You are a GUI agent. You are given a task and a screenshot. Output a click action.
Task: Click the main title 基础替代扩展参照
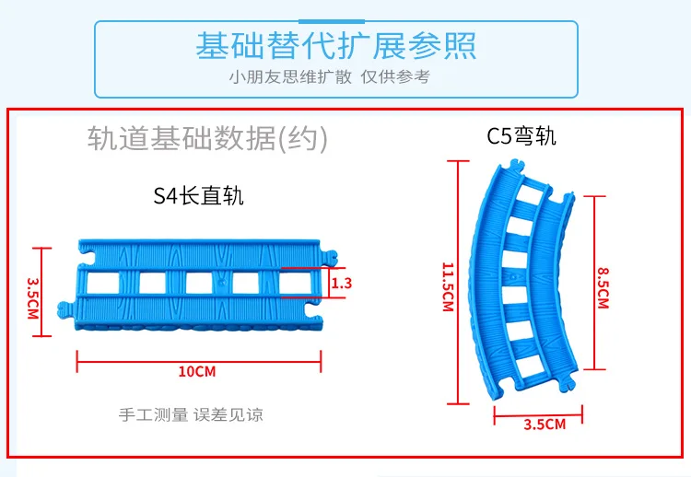tap(335, 45)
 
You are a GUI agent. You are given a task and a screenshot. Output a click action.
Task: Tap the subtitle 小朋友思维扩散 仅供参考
tap(329, 76)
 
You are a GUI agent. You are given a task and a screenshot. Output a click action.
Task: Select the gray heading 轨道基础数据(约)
tap(207, 138)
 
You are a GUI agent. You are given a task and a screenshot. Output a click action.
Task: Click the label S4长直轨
tap(198, 195)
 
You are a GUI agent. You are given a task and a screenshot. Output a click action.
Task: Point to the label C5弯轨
tap(521, 135)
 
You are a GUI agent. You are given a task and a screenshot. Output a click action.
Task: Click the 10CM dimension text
tap(197, 371)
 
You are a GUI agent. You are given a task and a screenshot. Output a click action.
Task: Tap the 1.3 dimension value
tap(342, 283)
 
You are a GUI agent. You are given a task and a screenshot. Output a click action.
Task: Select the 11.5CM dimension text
tap(448, 287)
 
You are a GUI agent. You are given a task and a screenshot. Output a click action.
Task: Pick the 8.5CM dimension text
tap(603, 288)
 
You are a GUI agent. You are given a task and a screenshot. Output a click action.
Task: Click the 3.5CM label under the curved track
tap(545, 425)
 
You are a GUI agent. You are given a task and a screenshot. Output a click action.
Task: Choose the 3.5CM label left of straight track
tap(33, 298)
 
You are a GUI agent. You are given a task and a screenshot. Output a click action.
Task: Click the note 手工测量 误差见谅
tap(191, 415)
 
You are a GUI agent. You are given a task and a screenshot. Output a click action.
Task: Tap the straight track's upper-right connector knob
tap(330, 257)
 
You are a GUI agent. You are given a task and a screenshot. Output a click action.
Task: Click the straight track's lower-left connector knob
tap(64, 309)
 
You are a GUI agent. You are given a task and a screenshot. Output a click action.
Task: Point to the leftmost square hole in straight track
tap(103, 284)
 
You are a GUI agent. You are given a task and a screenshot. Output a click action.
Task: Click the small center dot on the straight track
tap(221, 281)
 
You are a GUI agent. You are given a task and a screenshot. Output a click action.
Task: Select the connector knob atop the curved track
tap(517, 165)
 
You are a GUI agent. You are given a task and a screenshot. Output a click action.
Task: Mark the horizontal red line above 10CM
tap(199, 362)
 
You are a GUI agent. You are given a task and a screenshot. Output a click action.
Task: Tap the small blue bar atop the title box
tap(332, 21)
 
